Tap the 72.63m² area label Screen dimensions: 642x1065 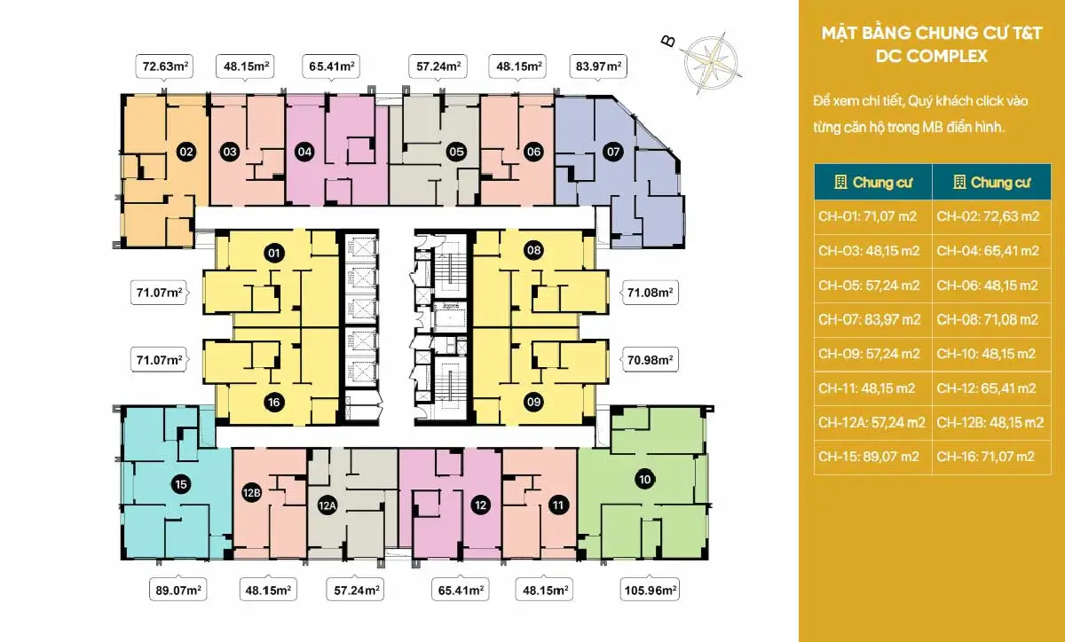click(x=164, y=66)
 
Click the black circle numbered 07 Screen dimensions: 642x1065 click(x=612, y=152)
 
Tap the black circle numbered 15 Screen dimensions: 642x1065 click(x=181, y=484)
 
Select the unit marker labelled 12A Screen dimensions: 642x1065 click(x=327, y=506)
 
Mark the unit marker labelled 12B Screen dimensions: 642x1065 click(x=251, y=492)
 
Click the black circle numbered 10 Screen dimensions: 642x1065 click(x=644, y=480)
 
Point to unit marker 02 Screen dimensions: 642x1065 click(x=185, y=152)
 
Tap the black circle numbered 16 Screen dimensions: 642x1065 click(x=273, y=402)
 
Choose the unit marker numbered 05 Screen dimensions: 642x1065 click(x=456, y=152)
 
